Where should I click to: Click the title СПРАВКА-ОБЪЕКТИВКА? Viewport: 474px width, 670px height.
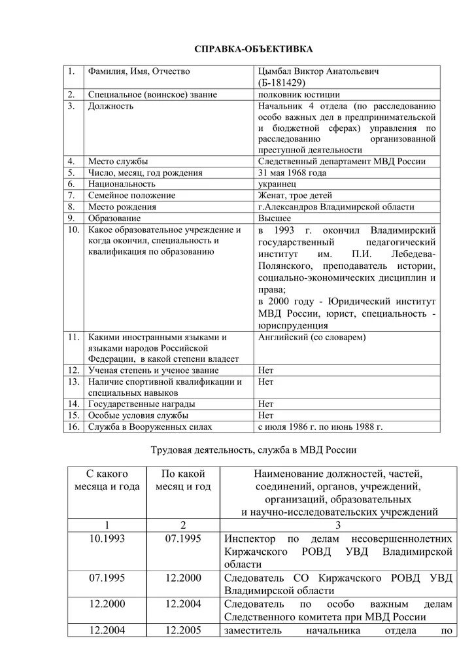pos(237,49)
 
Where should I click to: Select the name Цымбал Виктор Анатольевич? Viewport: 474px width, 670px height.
pos(318,71)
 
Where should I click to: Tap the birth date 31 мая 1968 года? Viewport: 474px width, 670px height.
pos(293,173)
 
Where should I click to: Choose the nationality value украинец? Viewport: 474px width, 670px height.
pos(277,185)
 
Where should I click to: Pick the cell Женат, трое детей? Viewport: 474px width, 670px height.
pos(296,196)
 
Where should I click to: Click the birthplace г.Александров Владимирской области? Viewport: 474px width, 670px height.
pos(336,207)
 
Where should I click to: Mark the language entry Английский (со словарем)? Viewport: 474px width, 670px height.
pos(312,337)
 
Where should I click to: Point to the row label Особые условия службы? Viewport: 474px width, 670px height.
pos(139,415)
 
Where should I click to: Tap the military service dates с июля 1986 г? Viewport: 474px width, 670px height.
pos(320,427)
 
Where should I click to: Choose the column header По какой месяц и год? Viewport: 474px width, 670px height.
pos(183,480)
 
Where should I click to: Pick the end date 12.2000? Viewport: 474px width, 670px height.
pos(183,578)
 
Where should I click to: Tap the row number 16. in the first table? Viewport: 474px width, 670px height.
pos(74,427)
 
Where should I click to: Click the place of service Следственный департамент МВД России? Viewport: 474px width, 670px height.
pos(342,162)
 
